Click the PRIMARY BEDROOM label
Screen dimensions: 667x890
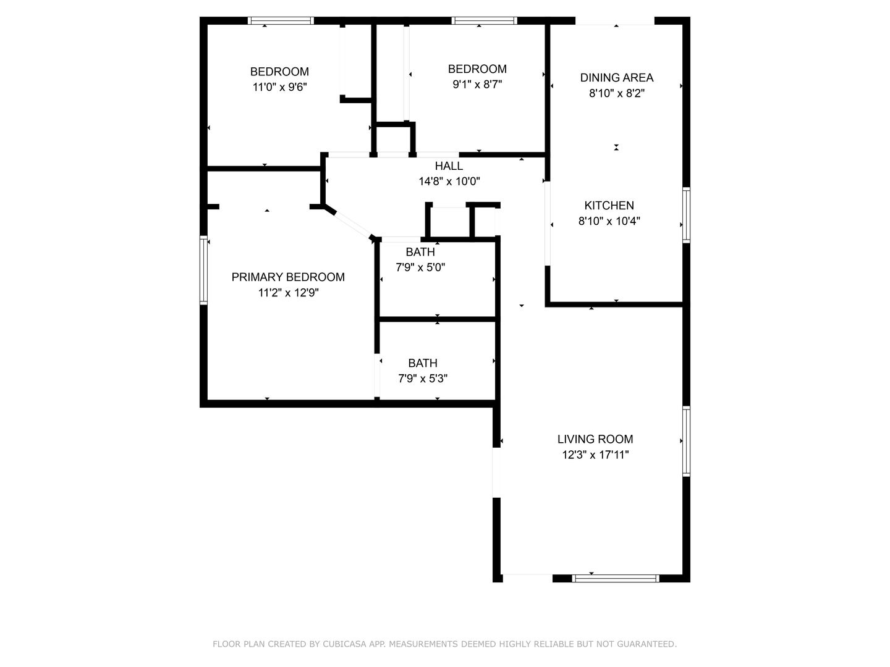coord(288,277)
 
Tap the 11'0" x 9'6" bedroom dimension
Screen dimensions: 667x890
coord(279,87)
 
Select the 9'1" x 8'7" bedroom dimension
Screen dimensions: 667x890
coord(477,85)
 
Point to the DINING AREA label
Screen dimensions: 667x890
coord(616,78)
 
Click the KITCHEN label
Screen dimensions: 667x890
coord(609,206)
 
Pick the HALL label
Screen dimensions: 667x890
coord(449,166)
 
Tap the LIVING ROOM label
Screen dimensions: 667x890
coord(595,439)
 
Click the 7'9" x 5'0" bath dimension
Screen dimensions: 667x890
coord(420,267)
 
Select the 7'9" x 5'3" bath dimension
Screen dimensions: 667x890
coord(423,379)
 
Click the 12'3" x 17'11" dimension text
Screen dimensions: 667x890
coord(595,455)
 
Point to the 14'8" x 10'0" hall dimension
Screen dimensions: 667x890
coord(449,182)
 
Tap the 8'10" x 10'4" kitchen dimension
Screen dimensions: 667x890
coord(609,221)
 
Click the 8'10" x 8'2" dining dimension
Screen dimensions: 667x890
coord(616,93)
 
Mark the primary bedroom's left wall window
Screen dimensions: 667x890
coord(203,271)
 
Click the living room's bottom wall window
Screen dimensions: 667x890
coord(616,579)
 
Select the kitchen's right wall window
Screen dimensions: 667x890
coord(686,214)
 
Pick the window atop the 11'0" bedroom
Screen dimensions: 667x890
coord(281,20)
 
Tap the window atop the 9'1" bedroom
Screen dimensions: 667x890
coord(485,20)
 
